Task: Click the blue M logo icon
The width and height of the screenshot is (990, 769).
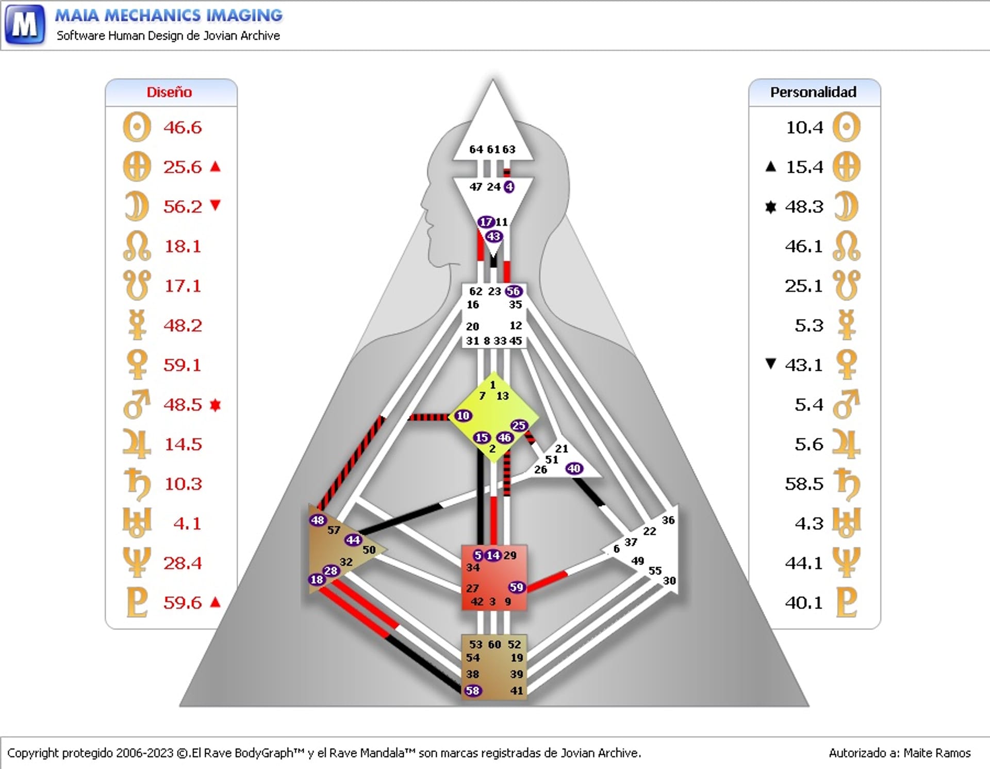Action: [x=24, y=24]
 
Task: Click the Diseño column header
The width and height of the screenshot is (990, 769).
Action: [x=169, y=92]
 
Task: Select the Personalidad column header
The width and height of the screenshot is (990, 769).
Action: [x=813, y=92]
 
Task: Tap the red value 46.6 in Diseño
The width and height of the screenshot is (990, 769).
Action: [x=183, y=127]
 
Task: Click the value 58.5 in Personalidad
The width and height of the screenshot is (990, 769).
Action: [x=803, y=484]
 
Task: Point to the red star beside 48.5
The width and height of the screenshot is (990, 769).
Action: [x=216, y=405]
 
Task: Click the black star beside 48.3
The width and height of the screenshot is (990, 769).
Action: [x=770, y=207]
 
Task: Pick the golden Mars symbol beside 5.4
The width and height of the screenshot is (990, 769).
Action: [x=846, y=404]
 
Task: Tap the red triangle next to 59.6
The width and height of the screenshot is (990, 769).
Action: [x=216, y=602]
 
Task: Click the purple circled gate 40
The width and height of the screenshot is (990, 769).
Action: [x=574, y=468]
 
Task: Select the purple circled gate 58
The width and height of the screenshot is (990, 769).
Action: [x=472, y=691]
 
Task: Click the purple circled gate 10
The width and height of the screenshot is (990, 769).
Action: [x=463, y=416]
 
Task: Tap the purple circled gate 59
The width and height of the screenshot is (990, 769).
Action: [x=516, y=587]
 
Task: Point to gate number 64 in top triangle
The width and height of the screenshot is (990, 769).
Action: [x=476, y=150]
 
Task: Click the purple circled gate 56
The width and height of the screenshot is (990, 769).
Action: [x=514, y=291]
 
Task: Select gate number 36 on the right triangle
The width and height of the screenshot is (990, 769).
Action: [x=668, y=520]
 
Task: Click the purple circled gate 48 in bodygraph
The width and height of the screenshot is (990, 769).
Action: [x=318, y=520]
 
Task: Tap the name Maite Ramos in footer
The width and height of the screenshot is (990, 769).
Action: [x=937, y=753]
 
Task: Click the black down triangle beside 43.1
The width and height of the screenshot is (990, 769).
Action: [x=770, y=364]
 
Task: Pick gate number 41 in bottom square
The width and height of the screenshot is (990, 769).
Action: [x=517, y=691]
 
